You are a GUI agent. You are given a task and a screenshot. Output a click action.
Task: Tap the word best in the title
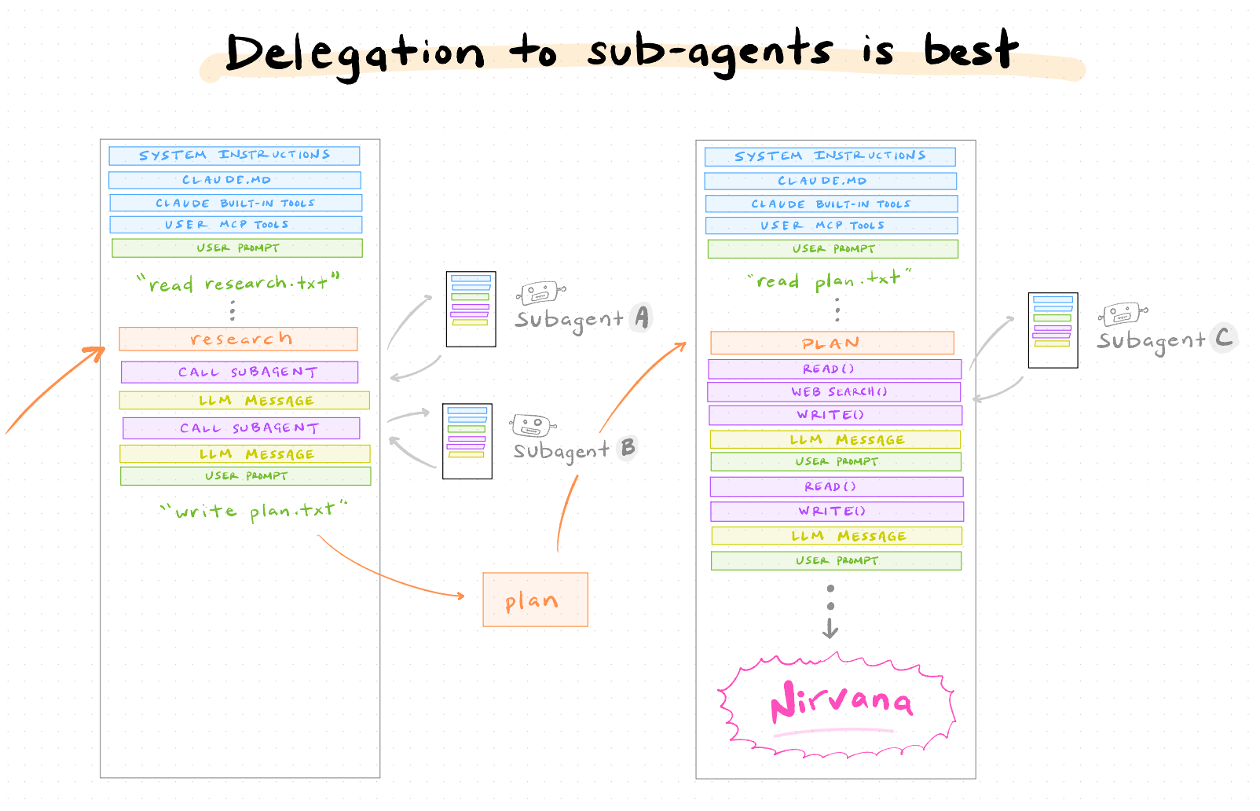tap(970, 50)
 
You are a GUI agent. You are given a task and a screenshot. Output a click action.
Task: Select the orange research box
tap(239, 339)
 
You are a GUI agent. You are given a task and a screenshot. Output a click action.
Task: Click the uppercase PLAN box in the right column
tap(832, 343)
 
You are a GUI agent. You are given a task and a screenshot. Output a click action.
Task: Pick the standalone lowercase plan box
tap(535, 600)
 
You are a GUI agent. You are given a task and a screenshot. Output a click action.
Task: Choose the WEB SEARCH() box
tap(834, 391)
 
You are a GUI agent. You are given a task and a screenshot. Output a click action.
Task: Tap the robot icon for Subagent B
tap(533, 426)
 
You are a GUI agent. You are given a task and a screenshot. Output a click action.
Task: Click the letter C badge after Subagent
tap(1223, 338)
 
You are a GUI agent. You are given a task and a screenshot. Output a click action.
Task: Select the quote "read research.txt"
tap(237, 282)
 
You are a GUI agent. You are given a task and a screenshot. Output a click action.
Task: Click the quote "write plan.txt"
tap(253, 511)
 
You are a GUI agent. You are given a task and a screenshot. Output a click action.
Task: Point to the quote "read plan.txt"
tap(830, 279)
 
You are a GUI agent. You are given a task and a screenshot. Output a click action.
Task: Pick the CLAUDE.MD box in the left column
tap(235, 180)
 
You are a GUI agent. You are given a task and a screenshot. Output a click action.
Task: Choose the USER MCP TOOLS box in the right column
tap(831, 226)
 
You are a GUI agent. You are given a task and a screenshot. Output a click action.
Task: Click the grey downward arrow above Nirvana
tap(830, 628)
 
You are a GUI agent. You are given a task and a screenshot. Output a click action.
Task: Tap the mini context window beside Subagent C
tap(1053, 330)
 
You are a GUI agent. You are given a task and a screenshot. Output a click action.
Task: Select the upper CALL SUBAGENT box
tap(240, 372)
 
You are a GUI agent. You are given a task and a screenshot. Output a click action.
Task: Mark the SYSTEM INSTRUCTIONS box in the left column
tap(234, 156)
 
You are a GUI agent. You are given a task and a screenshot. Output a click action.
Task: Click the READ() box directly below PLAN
tap(834, 369)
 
